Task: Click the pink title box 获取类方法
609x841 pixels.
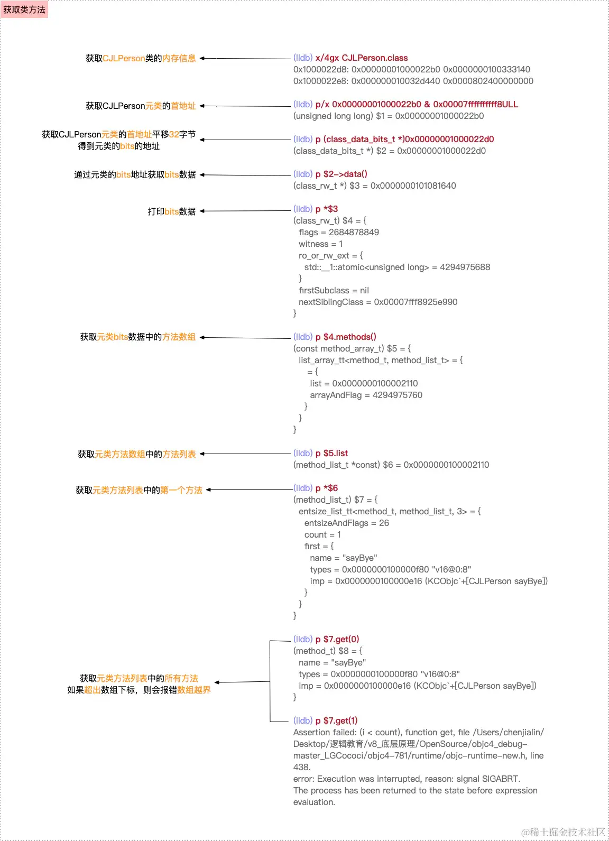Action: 24,10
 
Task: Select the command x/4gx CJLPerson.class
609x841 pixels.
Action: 361,58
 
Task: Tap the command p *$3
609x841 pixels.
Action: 326,209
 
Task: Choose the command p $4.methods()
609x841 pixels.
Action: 345,337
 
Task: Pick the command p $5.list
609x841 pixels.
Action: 331,453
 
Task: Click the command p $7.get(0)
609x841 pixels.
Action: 337,639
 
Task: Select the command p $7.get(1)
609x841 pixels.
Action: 336,720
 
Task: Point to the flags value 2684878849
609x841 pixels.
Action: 354,232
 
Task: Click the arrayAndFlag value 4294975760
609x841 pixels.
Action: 397,395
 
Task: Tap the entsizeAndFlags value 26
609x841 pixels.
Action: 384,523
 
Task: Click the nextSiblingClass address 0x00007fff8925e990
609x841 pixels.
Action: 416,302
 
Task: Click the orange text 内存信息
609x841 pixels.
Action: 179,58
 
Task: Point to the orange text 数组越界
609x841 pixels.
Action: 193,690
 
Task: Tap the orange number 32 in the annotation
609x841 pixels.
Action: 174,134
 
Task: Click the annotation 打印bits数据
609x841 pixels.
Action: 171,211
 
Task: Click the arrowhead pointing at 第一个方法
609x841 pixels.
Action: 209,490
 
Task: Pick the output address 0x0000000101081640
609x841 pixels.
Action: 413,186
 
